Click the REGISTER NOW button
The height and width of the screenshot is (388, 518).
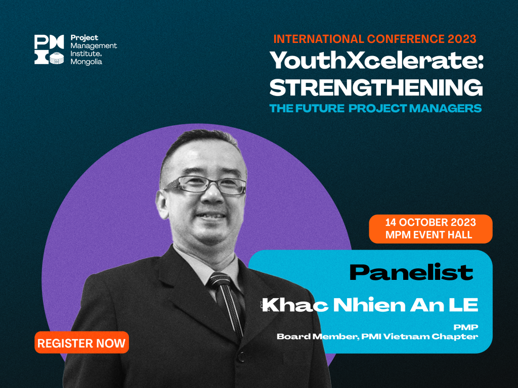click(x=81, y=343)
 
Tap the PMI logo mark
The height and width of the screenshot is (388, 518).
click(x=49, y=50)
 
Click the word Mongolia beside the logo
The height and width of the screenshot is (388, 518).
click(x=86, y=62)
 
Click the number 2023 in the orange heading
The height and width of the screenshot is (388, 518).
click(x=462, y=39)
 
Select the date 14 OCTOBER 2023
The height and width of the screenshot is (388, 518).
click(x=430, y=222)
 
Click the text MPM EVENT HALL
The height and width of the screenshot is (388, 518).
click(x=429, y=235)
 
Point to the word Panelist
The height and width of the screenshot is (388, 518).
click(x=411, y=272)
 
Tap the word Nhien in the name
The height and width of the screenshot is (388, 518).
click(x=369, y=305)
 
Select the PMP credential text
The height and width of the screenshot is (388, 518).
click(x=466, y=327)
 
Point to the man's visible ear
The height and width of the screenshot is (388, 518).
click(x=162, y=205)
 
